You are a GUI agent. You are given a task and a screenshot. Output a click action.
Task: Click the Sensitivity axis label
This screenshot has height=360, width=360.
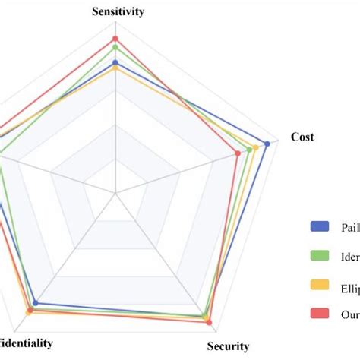[x=118, y=11]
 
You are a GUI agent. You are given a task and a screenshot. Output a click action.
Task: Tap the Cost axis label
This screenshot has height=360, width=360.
[x=302, y=137]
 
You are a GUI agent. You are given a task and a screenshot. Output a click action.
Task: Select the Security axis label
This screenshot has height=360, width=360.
[x=228, y=346]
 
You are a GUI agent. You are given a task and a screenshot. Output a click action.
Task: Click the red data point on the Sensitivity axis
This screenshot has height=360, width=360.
[x=115, y=38]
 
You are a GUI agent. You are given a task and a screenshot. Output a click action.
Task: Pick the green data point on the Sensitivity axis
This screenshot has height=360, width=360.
[x=115, y=47]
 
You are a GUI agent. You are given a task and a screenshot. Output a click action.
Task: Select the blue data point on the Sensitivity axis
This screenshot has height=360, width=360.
[x=115, y=62]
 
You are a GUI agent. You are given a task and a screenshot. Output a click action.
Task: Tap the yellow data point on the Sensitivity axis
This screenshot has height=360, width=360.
[x=115, y=68]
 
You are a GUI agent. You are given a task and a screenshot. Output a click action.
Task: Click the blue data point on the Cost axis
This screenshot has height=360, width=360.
[x=267, y=143]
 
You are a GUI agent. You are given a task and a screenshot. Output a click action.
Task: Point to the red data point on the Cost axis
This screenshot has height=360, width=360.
[x=238, y=153]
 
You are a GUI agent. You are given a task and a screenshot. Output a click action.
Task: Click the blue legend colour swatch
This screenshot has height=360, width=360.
[x=320, y=226]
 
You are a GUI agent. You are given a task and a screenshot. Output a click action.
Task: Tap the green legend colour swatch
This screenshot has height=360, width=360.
[x=320, y=255]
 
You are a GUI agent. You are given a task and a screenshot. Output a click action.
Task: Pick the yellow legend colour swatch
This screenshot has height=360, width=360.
[x=320, y=285]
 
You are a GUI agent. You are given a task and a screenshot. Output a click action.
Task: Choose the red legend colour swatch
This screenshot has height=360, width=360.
[x=320, y=314]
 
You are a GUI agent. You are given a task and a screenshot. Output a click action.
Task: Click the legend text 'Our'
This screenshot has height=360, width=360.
[x=350, y=314]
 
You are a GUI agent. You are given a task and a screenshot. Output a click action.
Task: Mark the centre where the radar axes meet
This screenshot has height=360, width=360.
[x=115, y=193]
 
